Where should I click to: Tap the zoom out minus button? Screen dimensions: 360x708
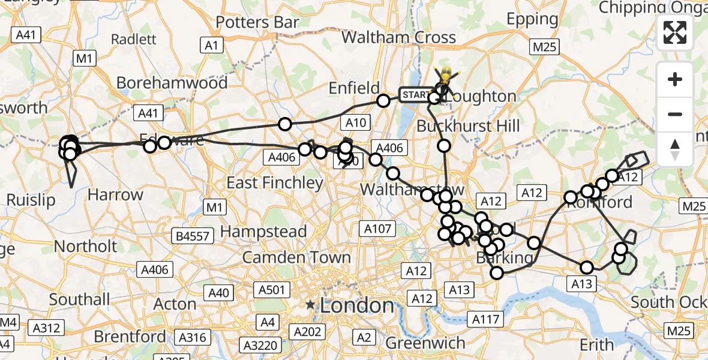coord(675,114)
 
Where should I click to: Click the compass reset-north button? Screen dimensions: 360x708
coord(675,149)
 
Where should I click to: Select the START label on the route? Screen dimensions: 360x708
coord(415,95)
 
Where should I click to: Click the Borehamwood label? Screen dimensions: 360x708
coord(172,82)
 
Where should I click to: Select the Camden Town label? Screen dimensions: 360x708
coord(296,257)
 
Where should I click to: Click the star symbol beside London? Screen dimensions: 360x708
coord(310,305)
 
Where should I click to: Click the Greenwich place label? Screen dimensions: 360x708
coord(425,343)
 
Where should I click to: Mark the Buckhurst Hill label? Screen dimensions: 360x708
coord(469,126)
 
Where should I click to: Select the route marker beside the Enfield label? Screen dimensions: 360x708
coord(383,101)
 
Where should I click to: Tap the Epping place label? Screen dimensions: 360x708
coord(532,19)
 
